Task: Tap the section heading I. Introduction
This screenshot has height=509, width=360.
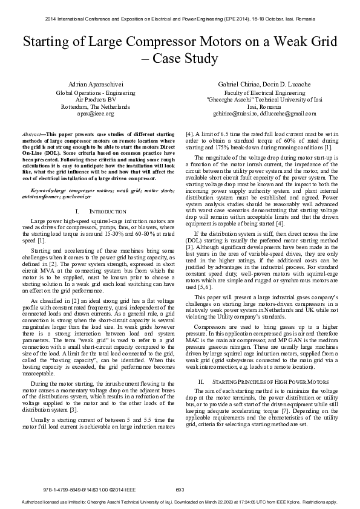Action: (x=100, y=212)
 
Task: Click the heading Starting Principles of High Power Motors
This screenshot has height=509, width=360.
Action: (x=267, y=383)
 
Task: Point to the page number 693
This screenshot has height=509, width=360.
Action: (x=180, y=488)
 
